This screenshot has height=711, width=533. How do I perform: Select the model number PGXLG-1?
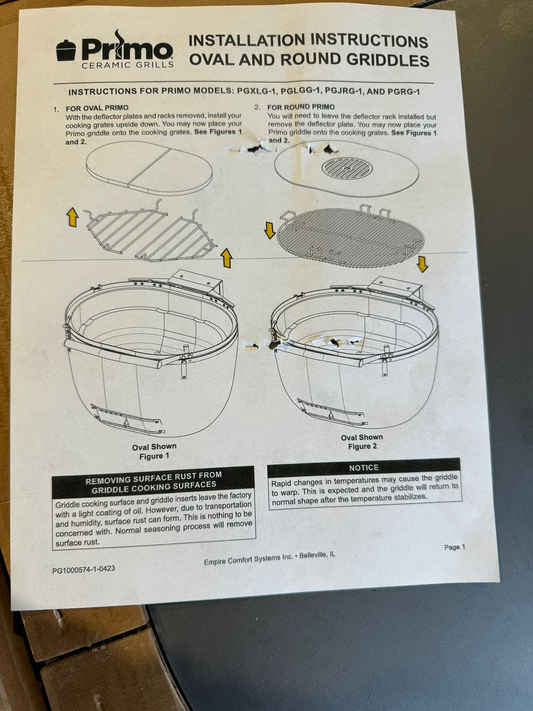[x=256, y=91]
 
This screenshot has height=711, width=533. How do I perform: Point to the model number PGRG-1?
[x=402, y=92]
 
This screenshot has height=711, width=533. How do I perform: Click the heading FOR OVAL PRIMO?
[x=97, y=108]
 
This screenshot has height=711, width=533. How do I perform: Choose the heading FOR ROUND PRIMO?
[x=301, y=107]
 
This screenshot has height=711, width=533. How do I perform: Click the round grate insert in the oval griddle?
[x=347, y=169]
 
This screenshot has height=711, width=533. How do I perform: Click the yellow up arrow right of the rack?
[x=226, y=258]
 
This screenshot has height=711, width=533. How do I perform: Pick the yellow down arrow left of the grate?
[x=270, y=231]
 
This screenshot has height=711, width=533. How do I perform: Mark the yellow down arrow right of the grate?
[x=422, y=264]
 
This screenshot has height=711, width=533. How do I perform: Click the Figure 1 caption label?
[x=154, y=456]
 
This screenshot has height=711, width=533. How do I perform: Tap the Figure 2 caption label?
[x=362, y=446]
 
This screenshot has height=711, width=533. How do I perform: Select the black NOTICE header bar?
[x=364, y=467]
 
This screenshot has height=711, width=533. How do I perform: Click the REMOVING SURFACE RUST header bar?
[x=154, y=480]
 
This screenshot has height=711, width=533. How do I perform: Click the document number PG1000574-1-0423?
[x=84, y=569]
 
